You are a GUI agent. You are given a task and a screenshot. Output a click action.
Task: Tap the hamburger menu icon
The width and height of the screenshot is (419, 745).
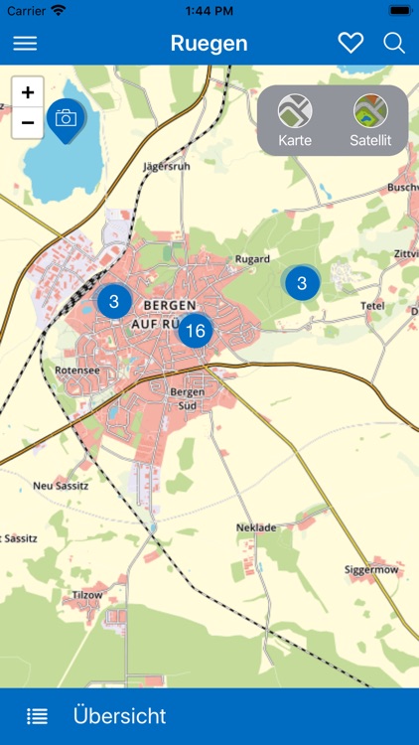[25, 44]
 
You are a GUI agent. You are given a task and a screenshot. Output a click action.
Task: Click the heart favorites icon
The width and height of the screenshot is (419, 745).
[350, 43]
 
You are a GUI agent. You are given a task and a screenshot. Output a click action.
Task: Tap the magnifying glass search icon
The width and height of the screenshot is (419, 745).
[394, 43]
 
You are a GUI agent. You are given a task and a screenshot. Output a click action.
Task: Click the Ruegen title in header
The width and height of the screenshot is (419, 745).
[209, 44]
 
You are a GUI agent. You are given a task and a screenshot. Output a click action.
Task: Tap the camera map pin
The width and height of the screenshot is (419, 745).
[66, 119]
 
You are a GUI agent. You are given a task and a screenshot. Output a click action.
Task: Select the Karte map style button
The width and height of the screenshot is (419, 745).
[295, 120]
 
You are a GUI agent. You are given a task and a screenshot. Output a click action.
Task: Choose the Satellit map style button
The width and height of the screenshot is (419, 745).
[370, 120]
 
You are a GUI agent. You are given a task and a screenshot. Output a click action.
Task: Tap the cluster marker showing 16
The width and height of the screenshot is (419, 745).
[196, 331]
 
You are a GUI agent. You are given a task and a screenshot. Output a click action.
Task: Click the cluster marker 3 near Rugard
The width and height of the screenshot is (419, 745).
[302, 283]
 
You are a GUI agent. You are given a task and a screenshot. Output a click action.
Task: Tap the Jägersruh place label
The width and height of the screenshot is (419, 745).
[166, 166]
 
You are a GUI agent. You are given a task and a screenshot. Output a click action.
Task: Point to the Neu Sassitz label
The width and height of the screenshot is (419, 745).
[62, 485]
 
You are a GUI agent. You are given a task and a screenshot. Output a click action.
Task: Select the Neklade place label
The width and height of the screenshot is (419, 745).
[256, 526]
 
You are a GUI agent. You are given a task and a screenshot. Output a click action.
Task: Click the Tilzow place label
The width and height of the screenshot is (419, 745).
[86, 594]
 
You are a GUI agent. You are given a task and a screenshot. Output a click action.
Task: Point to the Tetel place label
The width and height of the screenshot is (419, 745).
[372, 305]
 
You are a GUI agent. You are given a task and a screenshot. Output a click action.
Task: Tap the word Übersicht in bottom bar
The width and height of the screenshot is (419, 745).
[119, 716]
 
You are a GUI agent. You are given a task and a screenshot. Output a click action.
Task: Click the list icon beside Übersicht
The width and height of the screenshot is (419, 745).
[37, 716]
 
